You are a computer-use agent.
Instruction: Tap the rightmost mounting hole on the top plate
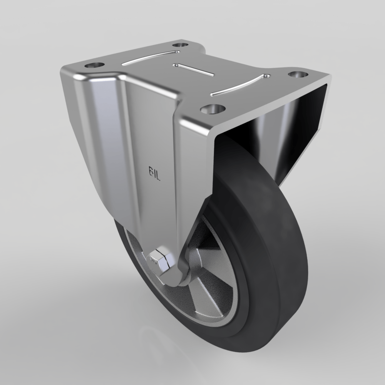297,74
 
